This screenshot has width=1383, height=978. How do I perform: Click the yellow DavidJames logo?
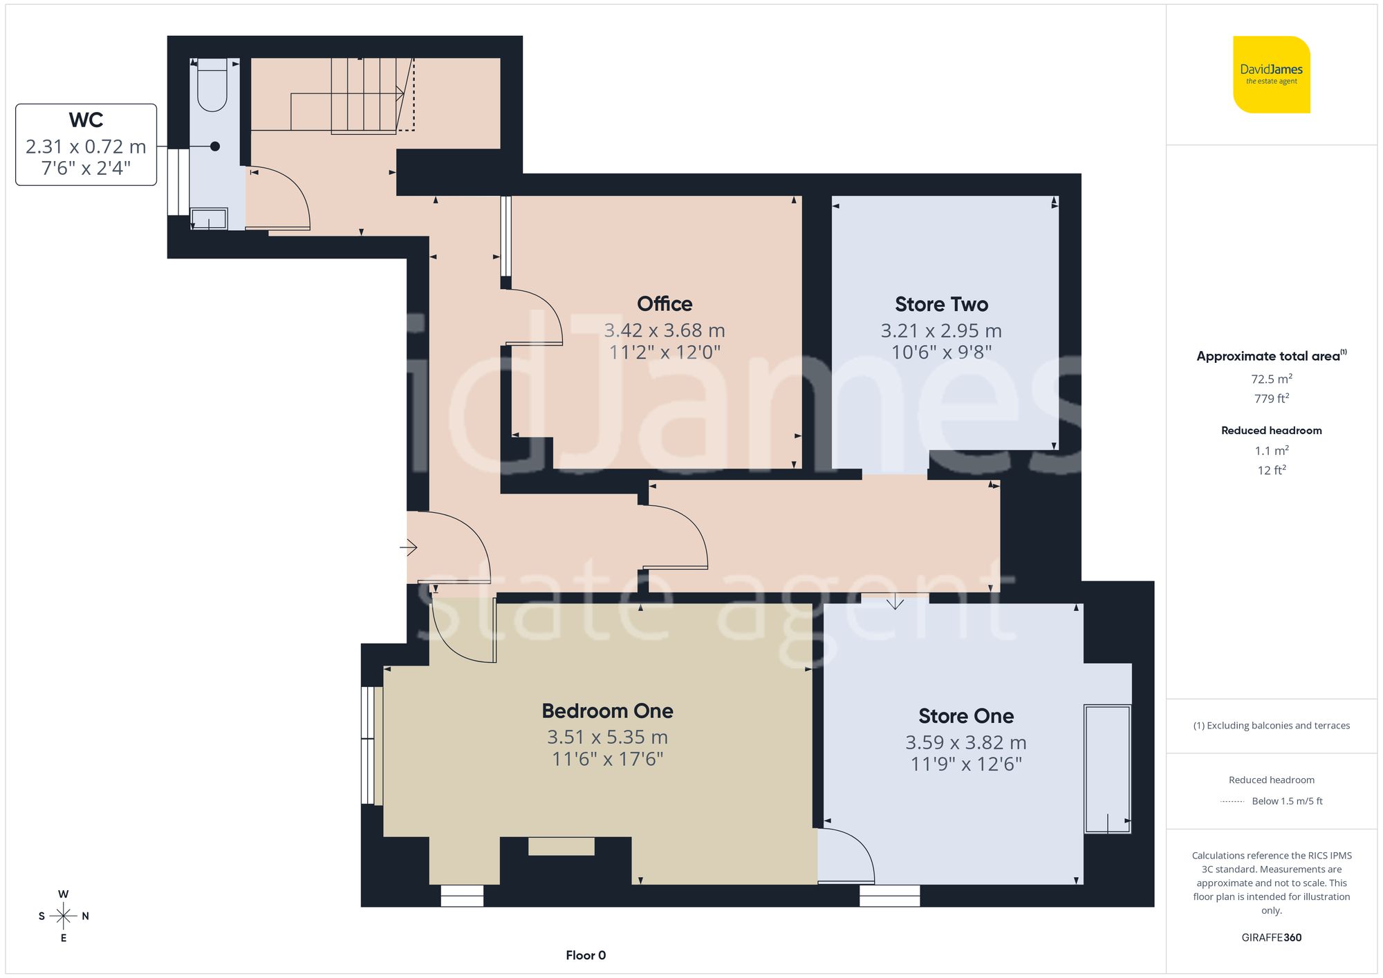pyautogui.click(x=1271, y=75)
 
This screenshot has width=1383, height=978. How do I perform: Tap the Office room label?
pyautogui.click(x=665, y=304)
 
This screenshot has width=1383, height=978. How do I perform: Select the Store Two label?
pyautogui.click(x=941, y=305)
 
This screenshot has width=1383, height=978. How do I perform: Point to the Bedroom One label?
pyautogui.click(x=607, y=711)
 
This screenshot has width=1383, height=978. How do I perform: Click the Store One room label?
pyautogui.click(x=966, y=716)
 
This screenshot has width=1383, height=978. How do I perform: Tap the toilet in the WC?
pyautogui.click(x=212, y=86)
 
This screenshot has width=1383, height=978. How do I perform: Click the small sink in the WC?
pyautogui.click(x=209, y=218)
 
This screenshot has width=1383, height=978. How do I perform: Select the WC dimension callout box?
pyautogui.click(x=86, y=144)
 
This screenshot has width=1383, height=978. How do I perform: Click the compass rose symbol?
pyautogui.click(x=64, y=916)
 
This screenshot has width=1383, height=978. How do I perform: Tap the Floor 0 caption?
pyautogui.click(x=586, y=955)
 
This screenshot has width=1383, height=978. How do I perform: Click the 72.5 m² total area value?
pyautogui.click(x=1271, y=379)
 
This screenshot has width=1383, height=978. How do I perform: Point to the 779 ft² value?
pyautogui.click(x=1271, y=399)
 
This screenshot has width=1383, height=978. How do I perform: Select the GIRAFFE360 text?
pyautogui.click(x=1271, y=937)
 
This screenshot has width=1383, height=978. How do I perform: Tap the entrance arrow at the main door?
pyautogui.click(x=409, y=548)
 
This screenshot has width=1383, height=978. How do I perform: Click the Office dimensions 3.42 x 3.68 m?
pyautogui.click(x=665, y=330)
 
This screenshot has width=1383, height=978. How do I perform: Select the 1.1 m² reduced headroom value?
pyautogui.click(x=1271, y=451)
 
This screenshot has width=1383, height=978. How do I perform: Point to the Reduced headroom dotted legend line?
pyautogui.click(x=1232, y=802)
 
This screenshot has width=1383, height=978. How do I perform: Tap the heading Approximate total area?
pyautogui.click(x=1268, y=357)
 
